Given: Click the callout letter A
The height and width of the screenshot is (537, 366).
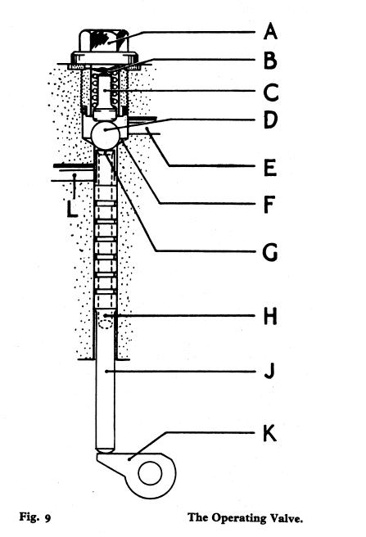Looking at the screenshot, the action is point(270,31).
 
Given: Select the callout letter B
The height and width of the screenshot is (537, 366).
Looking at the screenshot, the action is point(270,61).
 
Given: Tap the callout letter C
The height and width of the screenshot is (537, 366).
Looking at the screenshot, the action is point(271,93).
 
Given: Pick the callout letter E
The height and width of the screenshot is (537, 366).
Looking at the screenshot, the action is point(270,168).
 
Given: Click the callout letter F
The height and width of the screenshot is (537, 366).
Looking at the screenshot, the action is point(269,204).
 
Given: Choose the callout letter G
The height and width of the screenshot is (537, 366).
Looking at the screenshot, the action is point(270,253).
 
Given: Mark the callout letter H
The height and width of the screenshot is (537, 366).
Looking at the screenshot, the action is point(270,316).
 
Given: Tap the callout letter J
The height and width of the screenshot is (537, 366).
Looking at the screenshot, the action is point(269,371).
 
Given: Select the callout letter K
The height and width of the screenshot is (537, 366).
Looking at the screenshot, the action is point(269,434).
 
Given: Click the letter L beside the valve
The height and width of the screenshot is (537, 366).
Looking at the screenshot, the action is point(71,209).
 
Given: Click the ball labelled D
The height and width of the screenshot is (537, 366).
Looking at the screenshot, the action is point(106,134).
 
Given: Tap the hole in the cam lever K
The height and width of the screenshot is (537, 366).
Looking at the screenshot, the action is point(150,473).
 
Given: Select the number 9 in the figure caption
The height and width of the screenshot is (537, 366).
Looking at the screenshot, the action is point(47,519).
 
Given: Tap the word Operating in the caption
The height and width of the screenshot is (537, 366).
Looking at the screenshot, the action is point(238,519).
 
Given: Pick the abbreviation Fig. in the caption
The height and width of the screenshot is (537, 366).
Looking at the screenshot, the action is point(29,517).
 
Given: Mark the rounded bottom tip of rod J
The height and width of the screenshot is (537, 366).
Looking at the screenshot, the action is point(105,449).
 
